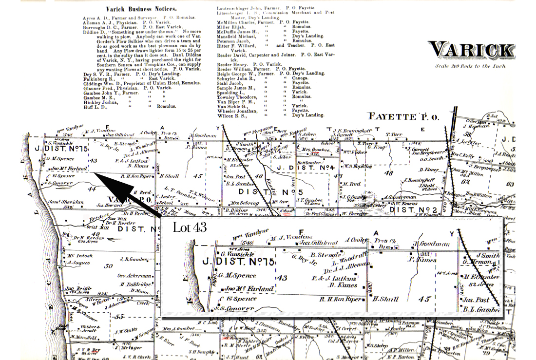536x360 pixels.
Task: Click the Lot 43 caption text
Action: (x=190, y=227)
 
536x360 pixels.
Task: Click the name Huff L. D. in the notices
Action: (x=96, y=106)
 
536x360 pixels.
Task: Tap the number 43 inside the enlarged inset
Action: (x=282, y=277)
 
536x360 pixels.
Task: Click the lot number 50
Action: (x=108, y=266)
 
